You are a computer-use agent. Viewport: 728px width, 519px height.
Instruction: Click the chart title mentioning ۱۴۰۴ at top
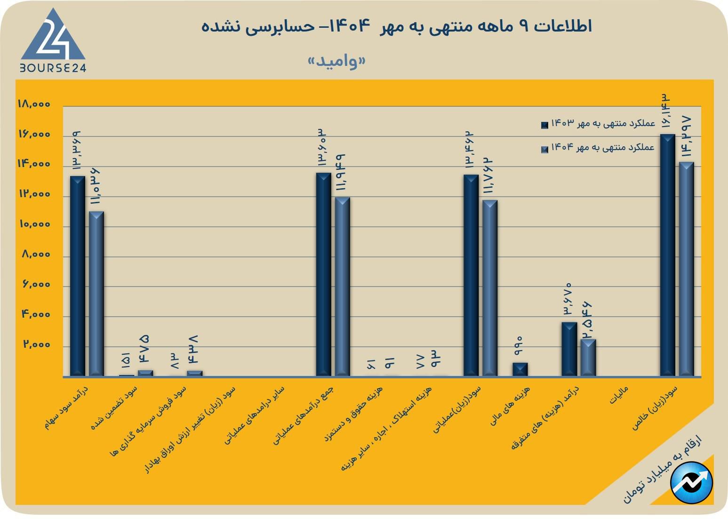396,26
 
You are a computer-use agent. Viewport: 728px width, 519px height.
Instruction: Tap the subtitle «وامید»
336,61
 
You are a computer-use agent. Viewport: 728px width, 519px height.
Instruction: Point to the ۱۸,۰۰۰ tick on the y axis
34,104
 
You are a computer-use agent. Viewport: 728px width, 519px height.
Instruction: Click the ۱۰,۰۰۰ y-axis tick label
34,224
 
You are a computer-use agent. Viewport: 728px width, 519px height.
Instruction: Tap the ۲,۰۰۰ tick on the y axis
36,345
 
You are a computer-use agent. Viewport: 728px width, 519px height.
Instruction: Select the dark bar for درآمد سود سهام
78,276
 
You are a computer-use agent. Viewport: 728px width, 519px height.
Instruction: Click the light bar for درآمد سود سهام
96,294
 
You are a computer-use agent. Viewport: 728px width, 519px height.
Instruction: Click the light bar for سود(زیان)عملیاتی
490,288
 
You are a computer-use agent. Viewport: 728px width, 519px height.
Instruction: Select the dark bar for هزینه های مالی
520,369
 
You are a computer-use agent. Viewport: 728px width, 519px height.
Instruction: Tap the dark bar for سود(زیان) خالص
667,255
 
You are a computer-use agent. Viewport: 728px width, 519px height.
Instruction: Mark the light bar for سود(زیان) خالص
687,269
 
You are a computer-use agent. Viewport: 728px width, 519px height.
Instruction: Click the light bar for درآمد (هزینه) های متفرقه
588,358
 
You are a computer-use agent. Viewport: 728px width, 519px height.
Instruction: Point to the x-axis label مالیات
619,395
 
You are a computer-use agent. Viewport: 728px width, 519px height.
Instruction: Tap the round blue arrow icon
691,483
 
